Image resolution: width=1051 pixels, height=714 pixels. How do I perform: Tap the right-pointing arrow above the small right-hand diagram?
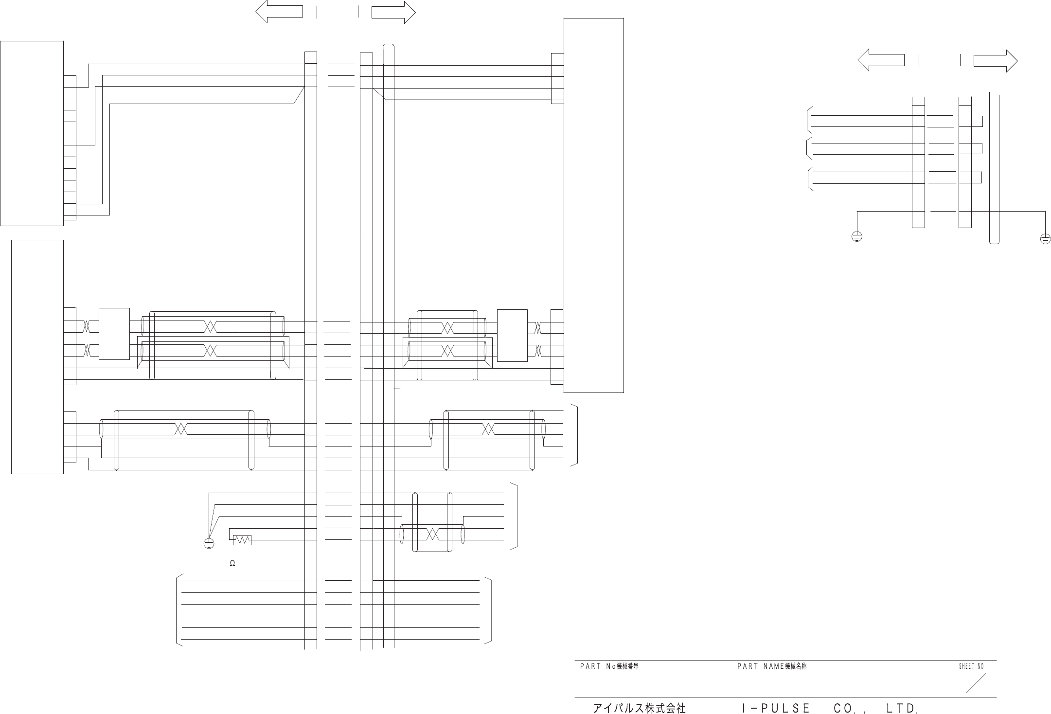click(x=995, y=61)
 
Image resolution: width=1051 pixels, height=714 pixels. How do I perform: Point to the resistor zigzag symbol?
click(x=242, y=540)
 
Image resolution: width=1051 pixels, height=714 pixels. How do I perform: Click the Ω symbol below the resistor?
click(x=232, y=563)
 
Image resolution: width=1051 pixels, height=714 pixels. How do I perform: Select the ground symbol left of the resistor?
click(x=209, y=544)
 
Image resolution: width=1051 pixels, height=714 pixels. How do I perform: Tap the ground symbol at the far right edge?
click(x=1045, y=238)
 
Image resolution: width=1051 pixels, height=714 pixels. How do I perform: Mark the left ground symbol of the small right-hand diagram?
click(x=857, y=237)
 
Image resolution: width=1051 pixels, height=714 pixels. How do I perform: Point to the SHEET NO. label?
click(x=972, y=666)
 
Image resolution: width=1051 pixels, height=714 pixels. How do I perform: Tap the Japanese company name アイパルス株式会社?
click(x=639, y=708)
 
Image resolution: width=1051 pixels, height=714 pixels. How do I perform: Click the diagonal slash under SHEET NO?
click(x=976, y=683)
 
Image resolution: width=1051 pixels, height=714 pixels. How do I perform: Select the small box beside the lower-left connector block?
click(x=114, y=334)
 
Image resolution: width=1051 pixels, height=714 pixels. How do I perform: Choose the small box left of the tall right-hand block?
click(x=512, y=336)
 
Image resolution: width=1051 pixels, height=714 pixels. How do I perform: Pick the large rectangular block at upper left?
click(x=32, y=133)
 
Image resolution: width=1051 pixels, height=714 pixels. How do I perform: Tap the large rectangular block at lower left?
click(x=37, y=357)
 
